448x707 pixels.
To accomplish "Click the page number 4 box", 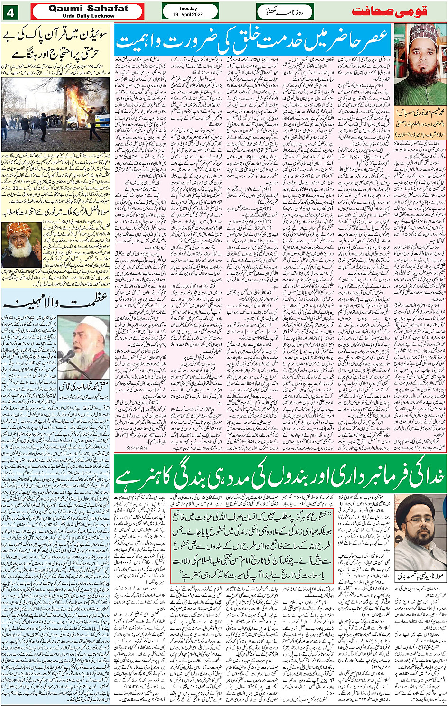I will point(10,12).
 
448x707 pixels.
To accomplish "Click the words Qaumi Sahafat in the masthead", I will point(88,9).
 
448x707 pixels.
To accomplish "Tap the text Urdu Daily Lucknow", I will point(88,16).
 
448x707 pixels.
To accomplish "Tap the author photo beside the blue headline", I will point(420,64).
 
